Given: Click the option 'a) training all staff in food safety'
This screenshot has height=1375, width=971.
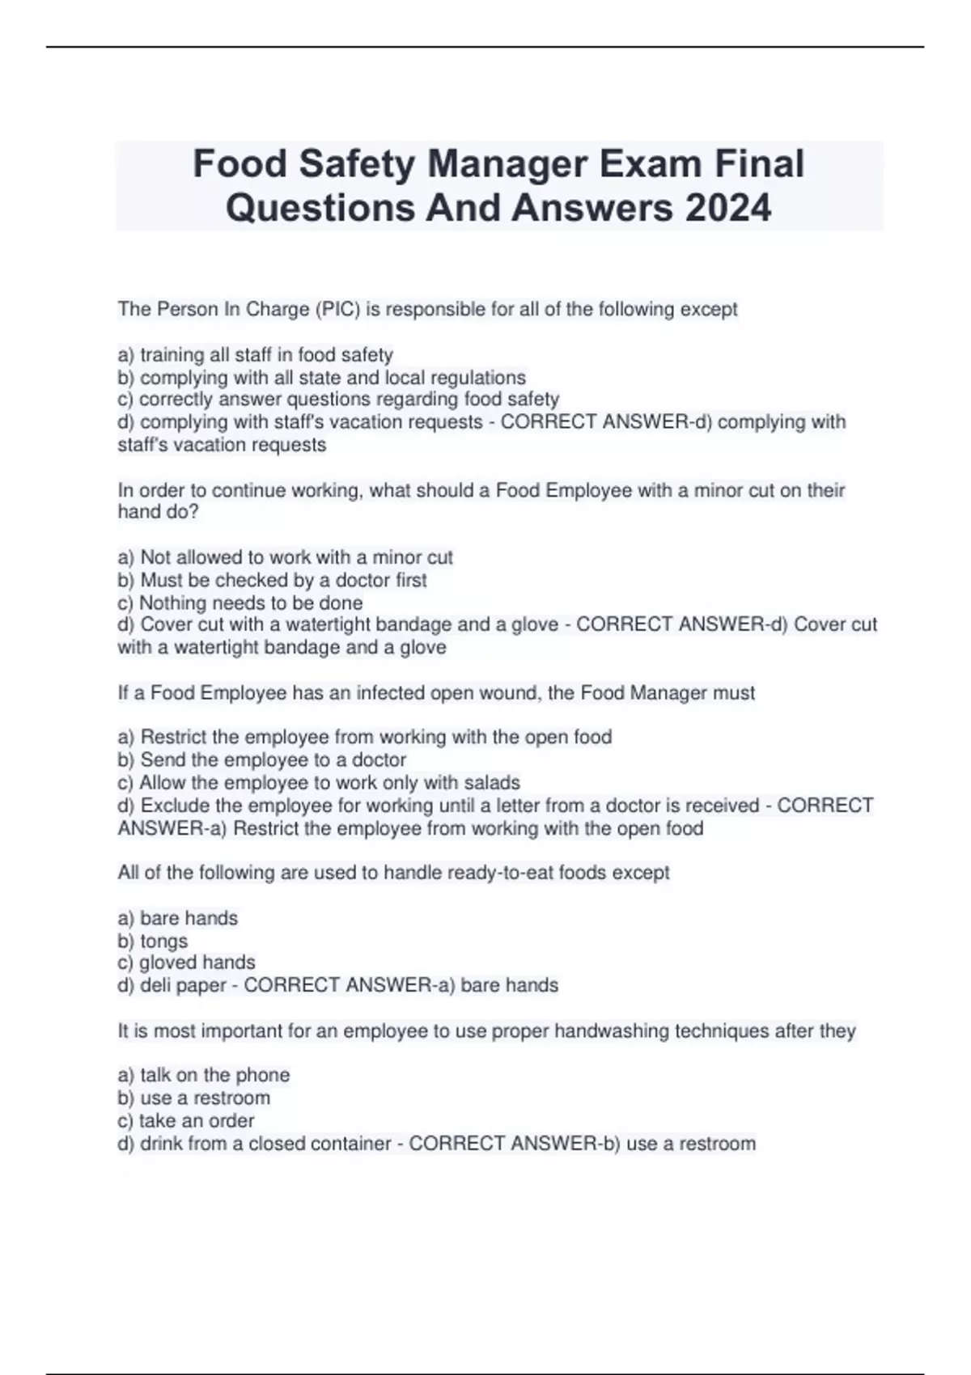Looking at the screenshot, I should [255, 355].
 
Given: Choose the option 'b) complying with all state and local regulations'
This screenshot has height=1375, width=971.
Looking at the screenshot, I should [321, 378].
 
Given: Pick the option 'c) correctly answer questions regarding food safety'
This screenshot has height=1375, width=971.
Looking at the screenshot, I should [338, 400].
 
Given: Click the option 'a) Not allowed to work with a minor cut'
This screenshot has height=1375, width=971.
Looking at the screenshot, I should [285, 557].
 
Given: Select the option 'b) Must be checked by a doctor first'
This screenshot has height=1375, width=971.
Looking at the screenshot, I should [272, 580].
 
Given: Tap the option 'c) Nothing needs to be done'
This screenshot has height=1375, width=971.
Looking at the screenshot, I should [240, 603].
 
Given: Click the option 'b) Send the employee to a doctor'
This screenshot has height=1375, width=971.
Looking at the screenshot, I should [261, 760].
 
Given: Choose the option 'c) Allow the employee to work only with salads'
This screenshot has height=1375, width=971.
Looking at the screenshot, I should [318, 783].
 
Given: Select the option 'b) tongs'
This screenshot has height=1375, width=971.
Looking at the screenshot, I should [152, 941].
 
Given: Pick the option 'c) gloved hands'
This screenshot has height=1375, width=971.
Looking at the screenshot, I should [186, 962].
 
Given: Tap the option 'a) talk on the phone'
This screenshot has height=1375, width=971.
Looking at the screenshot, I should [203, 1075].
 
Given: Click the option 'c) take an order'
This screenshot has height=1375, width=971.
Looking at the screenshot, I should [185, 1121].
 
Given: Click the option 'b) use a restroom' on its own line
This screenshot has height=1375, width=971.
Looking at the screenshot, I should [193, 1098].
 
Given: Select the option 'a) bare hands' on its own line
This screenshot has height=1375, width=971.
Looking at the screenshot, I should [177, 919].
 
